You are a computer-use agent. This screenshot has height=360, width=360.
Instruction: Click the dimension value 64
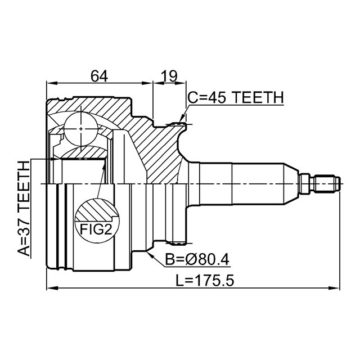pos(99,75)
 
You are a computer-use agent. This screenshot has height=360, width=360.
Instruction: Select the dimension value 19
pos(169,75)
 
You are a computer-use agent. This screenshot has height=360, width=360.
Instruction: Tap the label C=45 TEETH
pos(236,98)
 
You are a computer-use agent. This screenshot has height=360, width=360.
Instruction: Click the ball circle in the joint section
pos(81,129)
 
